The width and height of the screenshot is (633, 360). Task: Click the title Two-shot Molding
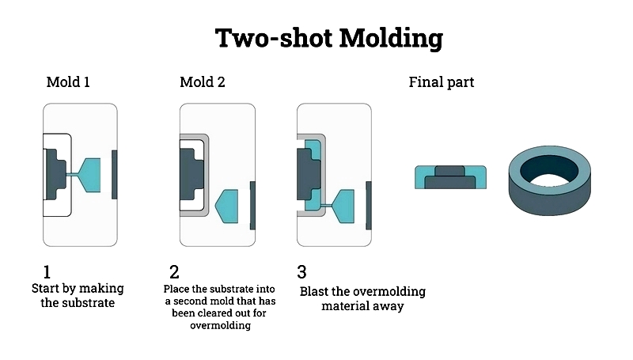tap(329, 38)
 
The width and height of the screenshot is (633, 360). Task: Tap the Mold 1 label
tap(68, 82)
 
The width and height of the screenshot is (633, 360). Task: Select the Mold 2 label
tap(203, 82)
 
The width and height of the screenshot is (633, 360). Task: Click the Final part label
tap(442, 82)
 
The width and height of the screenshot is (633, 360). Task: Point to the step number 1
tap(47, 272)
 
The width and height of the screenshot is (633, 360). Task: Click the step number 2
tap(174, 272)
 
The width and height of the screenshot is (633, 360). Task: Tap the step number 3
tap(301, 272)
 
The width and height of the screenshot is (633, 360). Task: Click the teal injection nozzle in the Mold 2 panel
tap(227, 207)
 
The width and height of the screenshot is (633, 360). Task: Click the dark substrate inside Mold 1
tap(55, 174)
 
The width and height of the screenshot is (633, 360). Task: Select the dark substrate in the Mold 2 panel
tap(191, 174)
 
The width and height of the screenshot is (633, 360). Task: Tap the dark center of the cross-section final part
tap(449, 178)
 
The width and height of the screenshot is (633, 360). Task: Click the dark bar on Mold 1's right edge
tap(115, 174)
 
